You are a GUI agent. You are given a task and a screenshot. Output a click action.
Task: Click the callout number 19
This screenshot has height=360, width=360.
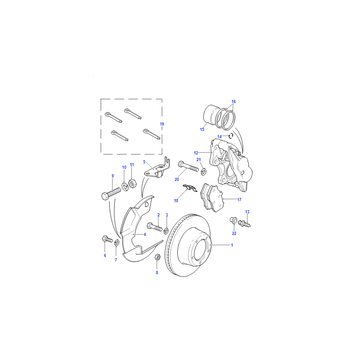coord(162,124)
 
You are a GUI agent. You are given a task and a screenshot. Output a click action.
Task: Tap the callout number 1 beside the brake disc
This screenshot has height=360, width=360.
coord(232,245)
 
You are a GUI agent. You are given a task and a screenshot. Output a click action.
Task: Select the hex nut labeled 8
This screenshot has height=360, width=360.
coord(157,257)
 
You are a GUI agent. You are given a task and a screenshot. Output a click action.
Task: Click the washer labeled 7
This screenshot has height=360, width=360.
coord(117,243)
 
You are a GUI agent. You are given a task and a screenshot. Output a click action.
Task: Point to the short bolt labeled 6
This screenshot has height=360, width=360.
coord(107,239)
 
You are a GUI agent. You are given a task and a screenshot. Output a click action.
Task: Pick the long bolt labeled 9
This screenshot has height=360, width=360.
coord(111,193)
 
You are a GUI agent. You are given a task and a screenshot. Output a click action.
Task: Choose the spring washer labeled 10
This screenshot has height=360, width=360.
coord(125,186)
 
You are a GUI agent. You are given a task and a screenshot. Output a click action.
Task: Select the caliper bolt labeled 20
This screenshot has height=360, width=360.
coord(188,166)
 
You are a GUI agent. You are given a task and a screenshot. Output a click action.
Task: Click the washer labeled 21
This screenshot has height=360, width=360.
coord(203,171)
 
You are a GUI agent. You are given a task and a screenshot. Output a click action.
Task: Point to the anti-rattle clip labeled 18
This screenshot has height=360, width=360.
coord(190,188)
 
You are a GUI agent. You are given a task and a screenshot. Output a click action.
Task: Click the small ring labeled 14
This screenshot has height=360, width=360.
coord(231,136)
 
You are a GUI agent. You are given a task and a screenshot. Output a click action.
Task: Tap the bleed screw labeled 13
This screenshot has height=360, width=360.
coord(244,223)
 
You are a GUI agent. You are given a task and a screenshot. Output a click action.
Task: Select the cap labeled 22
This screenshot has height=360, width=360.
coord(234,220)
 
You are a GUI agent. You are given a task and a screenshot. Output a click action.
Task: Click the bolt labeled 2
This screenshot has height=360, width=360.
coord(154,227)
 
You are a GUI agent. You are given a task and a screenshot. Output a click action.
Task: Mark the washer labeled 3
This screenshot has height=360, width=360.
coord(166,231)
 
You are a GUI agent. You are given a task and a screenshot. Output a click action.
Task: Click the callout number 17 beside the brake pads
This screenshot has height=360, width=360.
coord(239,200)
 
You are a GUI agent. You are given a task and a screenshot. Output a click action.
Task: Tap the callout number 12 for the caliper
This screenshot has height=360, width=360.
coord(196,153)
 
